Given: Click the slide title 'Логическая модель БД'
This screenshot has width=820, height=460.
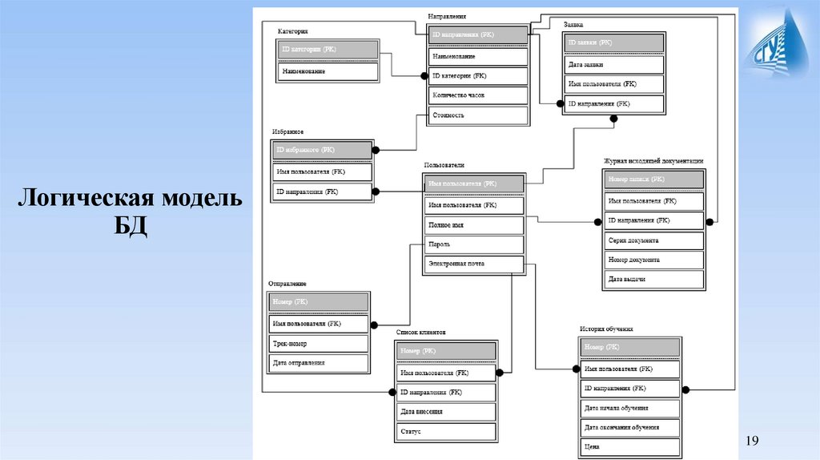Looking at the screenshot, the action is (x=131, y=210).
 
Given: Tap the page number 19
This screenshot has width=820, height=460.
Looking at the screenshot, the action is (x=751, y=440).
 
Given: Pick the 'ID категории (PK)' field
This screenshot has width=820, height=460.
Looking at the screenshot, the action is (x=329, y=50).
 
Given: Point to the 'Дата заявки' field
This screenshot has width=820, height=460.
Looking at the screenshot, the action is (x=613, y=64).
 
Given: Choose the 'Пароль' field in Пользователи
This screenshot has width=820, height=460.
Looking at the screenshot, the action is (x=473, y=244).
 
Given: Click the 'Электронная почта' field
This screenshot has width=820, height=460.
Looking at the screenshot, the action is (x=473, y=264).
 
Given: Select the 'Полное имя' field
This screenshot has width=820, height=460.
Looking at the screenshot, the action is (x=473, y=225).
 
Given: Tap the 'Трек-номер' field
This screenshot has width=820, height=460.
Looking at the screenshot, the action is (x=319, y=344).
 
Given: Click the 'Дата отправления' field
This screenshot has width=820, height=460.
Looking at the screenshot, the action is (x=319, y=363).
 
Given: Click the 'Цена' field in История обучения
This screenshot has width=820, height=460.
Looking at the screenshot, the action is (x=629, y=446).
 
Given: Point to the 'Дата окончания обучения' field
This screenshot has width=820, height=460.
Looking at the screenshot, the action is (x=629, y=427).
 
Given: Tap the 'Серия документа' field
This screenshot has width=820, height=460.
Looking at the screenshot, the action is (x=654, y=240).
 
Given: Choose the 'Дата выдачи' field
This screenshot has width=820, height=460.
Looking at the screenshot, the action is (x=654, y=279).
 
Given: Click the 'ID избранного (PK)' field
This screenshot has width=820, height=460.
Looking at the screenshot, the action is (x=323, y=150).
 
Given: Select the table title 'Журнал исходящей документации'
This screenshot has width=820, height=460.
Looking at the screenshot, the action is (x=653, y=161).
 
